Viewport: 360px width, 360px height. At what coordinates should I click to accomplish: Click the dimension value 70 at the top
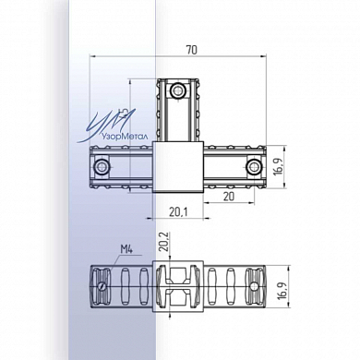click(191, 50)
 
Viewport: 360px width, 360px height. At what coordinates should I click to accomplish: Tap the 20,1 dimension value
click(178, 211)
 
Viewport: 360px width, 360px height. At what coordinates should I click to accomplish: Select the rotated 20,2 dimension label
click(165, 242)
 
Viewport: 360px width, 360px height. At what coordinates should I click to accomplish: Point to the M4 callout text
click(126, 249)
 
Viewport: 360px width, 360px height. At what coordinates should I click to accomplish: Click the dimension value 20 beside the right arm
click(229, 197)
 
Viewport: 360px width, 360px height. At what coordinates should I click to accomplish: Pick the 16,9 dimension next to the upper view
click(280, 167)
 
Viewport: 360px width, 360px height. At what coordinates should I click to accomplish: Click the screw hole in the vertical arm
click(177, 90)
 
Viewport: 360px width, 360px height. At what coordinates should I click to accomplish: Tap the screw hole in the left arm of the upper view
click(102, 167)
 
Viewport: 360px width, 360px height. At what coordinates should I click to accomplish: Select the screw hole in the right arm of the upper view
click(254, 167)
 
